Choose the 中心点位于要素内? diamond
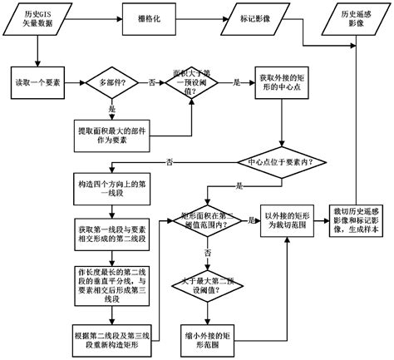274,162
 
